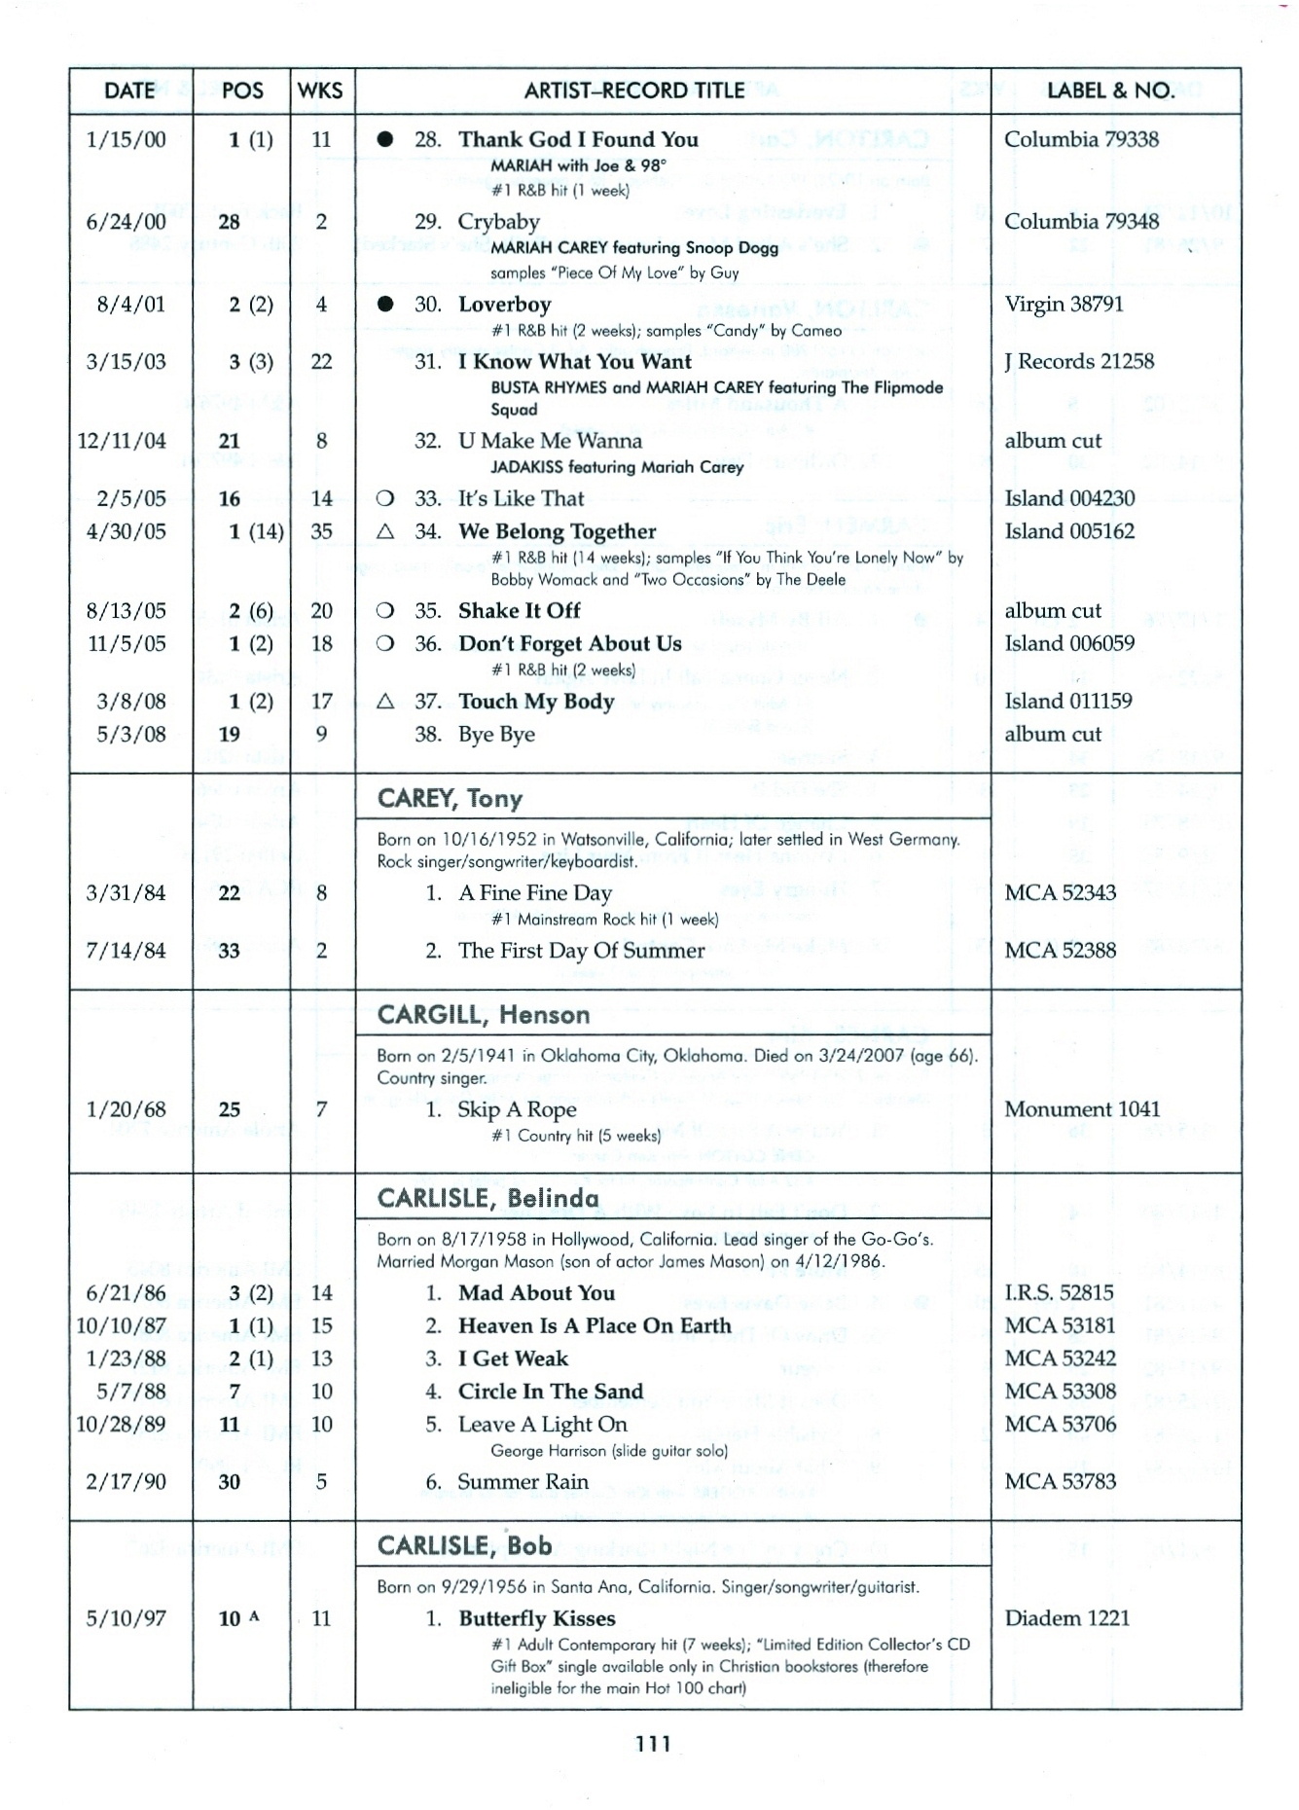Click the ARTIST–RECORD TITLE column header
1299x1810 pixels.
pyautogui.click(x=634, y=90)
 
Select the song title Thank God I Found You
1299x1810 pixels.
pyautogui.click(x=578, y=139)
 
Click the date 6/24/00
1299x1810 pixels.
pyautogui.click(x=126, y=222)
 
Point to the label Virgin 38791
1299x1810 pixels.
pyautogui.click(x=1064, y=305)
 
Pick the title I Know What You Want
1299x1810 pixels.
pyautogui.click(x=574, y=362)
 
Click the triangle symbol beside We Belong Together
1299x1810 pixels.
pyautogui.click(x=385, y=531)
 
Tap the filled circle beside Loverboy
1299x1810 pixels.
pyautogui.click(x=385, y=305)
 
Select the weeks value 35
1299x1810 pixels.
pyautogui.click(x=321, y=531)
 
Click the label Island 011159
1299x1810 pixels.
pyautogui.click(x=1068, y=702)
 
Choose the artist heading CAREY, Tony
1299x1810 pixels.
pyautogui.click(x=450, y=799)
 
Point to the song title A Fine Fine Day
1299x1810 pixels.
pyautogui.click(x=535, y=893)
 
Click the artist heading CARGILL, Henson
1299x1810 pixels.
pyautogui.click(x=484, y=1015)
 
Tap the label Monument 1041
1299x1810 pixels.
pyautogui.click(x=1082, y=1109)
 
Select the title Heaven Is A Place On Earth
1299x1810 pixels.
pyautogui.click(x=595, y=1326)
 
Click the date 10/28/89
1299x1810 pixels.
pyautogui.click(x=122, y=1425)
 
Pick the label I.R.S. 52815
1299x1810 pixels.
pyautogui.click(x=1060, y=1293)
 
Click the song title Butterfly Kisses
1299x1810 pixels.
pyautogui.click(x=537, y=1618)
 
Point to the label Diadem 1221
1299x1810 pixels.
pyautogui.click(x=1067, y=1618)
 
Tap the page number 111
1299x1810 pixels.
pyautogui.click(x=654, y=1744)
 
